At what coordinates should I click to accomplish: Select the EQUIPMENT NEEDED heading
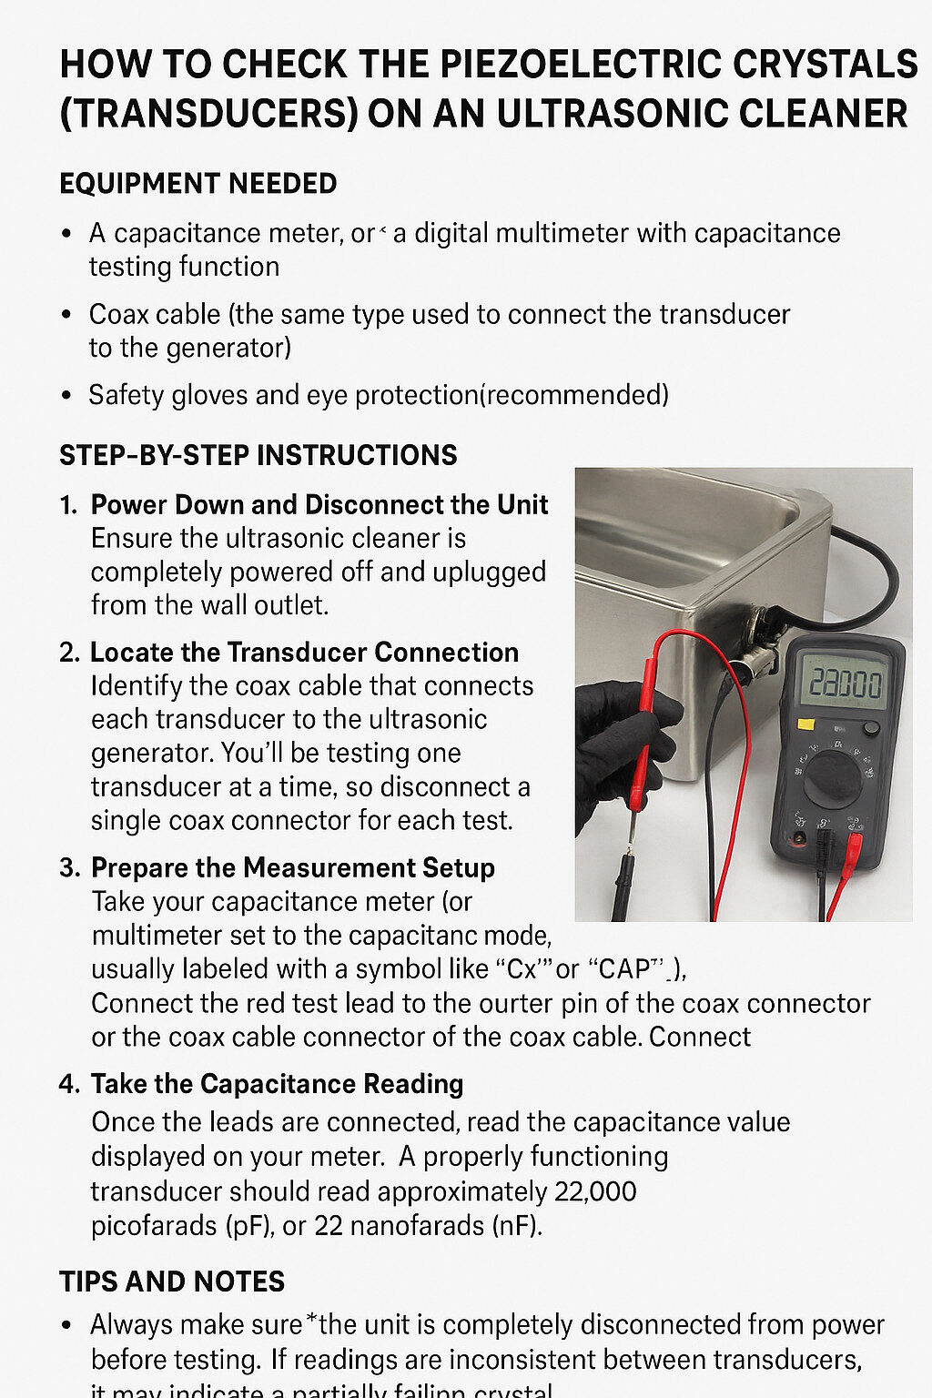(x=198, y=184)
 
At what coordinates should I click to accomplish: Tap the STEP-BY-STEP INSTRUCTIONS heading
(x=258, y=455)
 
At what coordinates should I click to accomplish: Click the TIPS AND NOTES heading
(x=171, y=1281)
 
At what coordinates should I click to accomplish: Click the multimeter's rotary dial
(x=832, y=778)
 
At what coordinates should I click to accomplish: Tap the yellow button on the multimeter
(x=805, y=724)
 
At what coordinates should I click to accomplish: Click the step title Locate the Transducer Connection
(x=304, y=653)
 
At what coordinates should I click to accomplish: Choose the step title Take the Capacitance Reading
(x=277, y=1084)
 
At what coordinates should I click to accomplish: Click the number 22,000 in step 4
(x=594, y=1191)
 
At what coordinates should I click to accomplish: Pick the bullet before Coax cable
(x=66, y=315)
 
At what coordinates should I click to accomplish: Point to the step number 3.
(x=68, y=868)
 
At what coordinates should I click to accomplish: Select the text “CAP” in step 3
(x=629, y=969)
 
